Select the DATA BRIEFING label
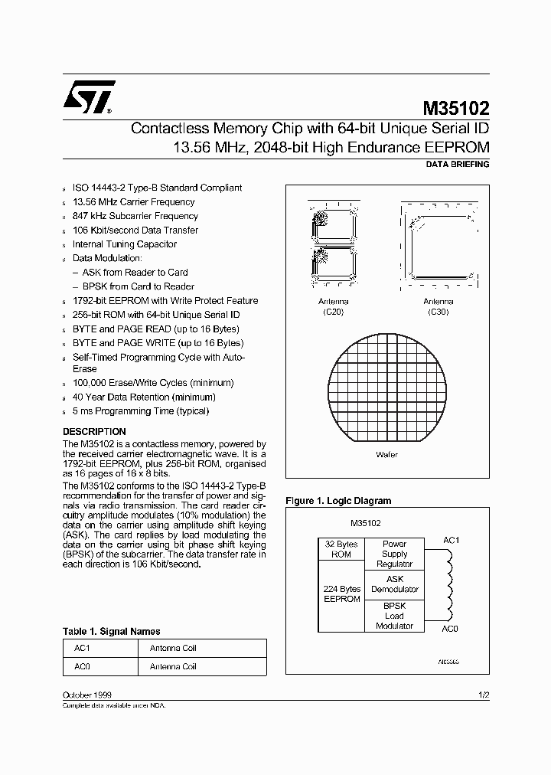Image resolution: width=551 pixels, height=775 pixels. pos(456,165)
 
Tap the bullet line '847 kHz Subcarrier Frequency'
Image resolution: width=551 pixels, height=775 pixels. pos(135,216)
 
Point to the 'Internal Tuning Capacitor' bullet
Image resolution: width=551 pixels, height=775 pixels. pos(124,244)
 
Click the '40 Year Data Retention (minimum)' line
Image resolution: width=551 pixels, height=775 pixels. pos(143,397)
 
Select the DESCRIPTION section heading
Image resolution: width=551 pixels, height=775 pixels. pos(94,431)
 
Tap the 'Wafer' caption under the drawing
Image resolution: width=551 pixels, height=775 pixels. pos(386,455)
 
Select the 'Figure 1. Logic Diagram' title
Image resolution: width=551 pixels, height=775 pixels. pos(338,501)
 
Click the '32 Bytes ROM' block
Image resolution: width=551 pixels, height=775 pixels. pos(342,549)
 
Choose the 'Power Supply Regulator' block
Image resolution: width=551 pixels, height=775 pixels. pos(395,554)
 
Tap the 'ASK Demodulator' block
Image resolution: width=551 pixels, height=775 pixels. pos(395,584)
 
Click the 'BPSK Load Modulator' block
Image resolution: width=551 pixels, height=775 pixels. pos(395,616)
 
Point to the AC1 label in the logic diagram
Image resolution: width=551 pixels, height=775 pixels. pos(452,540)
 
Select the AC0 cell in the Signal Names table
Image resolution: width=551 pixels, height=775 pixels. pos(82,666)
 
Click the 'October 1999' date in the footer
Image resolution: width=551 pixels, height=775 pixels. pos(87,695)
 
